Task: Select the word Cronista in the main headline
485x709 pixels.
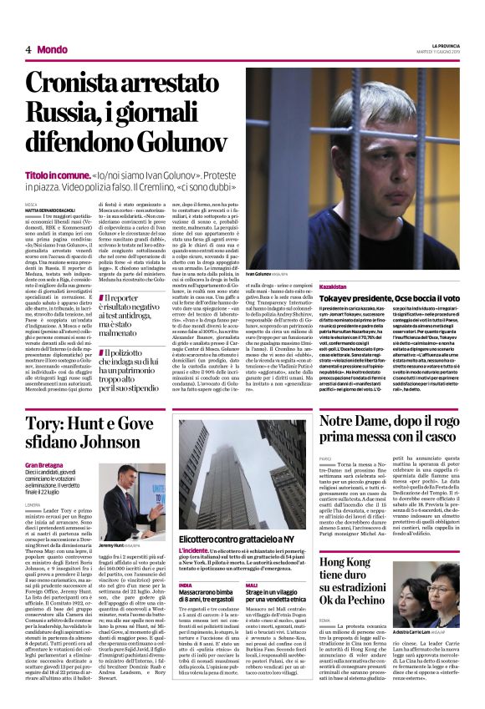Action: click(x=79, y=83)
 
